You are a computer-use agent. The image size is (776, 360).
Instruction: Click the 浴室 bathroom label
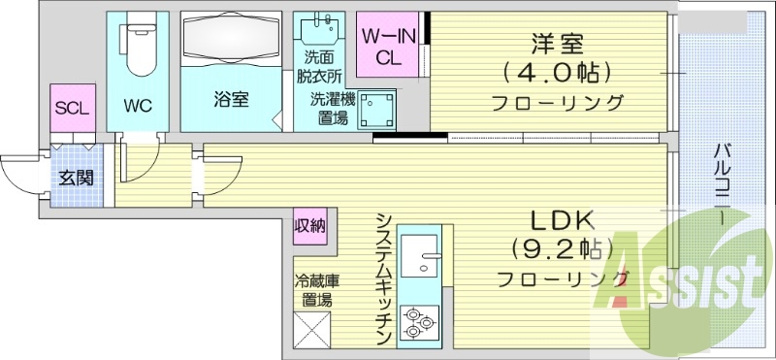point(231,99)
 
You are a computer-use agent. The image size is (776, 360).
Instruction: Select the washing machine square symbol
point(378,110)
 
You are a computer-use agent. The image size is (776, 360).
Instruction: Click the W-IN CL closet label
point(386,46)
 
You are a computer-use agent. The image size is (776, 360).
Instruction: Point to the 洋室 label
point(556,45)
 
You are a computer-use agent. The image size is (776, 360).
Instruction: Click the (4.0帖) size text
point(556,73)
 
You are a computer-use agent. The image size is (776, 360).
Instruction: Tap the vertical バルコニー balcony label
point(723,184)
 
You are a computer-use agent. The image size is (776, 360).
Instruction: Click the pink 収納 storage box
point(310,226)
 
